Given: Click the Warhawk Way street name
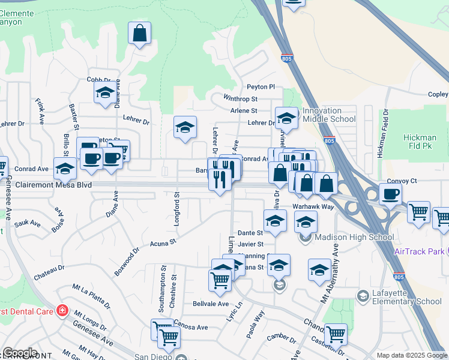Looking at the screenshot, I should [x=313, y=206].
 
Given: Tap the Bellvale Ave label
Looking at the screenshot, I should [x=211, y=304].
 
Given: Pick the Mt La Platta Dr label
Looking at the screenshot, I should [x=91, y=296].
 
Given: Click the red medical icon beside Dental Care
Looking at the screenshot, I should [x=61, y=310].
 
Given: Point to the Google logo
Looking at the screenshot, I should [x=20, y=353].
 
